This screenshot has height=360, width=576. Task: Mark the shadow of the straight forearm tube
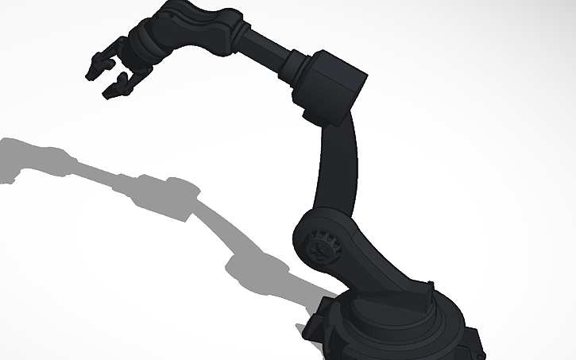95,171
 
